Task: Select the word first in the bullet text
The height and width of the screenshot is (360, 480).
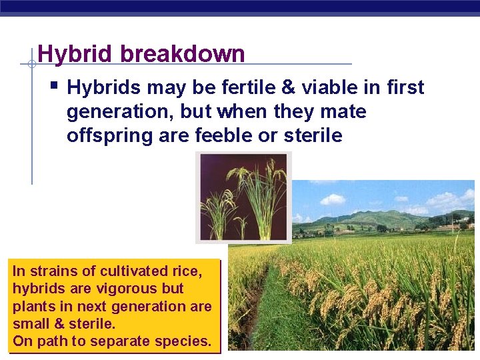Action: [403, 87]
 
